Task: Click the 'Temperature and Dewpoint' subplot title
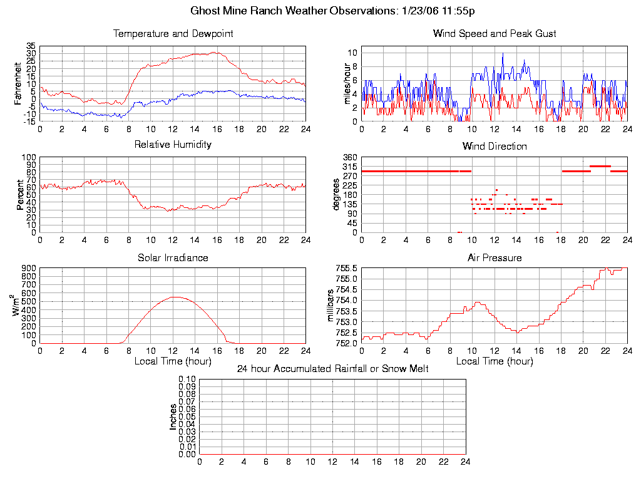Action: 173,34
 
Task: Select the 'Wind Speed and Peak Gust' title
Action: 495,34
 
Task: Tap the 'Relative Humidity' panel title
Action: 173,145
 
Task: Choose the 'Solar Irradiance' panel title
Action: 173,257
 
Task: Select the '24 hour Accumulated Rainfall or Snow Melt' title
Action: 332,369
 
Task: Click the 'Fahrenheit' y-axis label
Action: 18,83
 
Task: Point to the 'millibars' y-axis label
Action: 331,306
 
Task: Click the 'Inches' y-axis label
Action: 173,416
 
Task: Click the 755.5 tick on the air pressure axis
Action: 346,268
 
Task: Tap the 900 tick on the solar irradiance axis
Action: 29,268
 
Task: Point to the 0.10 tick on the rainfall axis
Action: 187,380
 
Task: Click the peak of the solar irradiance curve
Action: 175,297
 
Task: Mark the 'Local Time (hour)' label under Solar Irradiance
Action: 173,361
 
